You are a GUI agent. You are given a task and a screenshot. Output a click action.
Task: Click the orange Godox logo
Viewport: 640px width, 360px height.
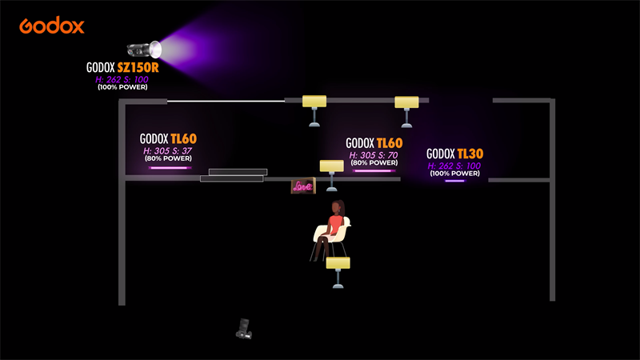[x=52, y=26]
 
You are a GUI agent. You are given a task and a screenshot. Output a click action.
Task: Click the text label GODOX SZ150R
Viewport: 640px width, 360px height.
[x=122, y=68]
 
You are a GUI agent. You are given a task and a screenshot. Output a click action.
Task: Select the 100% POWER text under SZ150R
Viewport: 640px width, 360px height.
[x=122, y=86]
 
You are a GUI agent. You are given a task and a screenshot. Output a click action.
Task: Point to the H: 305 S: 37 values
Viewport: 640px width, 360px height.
[x=168, y=150]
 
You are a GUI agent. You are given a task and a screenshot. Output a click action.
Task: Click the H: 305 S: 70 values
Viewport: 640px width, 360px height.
[x=374, y=155]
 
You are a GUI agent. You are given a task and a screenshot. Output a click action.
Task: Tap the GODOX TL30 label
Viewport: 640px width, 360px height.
[x=454, y=154]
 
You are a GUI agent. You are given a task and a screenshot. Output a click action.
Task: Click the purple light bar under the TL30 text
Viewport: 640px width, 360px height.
[x=454, y=181]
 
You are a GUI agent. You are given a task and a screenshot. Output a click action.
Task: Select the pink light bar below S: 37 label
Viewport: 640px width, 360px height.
[x=168, y=168]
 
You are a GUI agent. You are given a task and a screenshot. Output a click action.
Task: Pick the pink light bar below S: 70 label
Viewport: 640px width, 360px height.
[x=374, y=170]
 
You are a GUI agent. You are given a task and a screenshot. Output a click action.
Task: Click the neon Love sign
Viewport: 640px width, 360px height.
[x=302, y=186]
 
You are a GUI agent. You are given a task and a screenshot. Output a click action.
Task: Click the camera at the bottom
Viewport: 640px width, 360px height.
[x=245, y=328]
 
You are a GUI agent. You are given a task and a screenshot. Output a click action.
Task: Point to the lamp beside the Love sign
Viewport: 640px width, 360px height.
[x=331, y=173]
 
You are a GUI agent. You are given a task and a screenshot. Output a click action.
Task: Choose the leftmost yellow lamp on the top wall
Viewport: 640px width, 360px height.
[x=314, y=109]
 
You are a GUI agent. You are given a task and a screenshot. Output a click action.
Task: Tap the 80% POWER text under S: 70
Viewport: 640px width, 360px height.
[x=374, y=163]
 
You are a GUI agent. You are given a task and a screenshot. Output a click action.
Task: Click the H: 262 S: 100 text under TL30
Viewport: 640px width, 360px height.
[x=454, y=166]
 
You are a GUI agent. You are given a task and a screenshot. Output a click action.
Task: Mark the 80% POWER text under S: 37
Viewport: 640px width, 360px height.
[x=168, y=158]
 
